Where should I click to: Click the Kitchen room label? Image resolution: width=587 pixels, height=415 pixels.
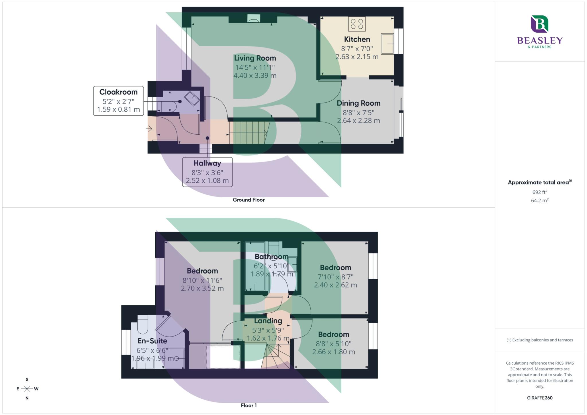(357, 39)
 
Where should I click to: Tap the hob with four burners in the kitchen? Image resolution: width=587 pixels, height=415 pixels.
(357, 24)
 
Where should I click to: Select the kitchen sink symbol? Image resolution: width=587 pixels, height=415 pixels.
(387, 44)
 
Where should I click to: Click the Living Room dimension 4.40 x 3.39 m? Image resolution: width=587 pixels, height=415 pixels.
(255, 76)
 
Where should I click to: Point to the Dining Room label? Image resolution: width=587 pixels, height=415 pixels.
(358, 103)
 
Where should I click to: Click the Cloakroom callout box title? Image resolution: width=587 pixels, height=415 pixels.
(118, 92)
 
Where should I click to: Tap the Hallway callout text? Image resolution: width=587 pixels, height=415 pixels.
(207, 163)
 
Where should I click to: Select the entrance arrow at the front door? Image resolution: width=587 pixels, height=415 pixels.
(149, 129)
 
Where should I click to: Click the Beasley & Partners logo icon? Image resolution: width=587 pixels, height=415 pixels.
(539, 24)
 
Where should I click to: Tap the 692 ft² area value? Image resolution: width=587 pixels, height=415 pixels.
(539, 192)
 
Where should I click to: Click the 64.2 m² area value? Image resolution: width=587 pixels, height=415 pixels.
(539, 200)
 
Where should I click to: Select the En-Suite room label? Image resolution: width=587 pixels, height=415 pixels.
(152, 341)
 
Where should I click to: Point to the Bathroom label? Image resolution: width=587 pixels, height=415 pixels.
(271, 257)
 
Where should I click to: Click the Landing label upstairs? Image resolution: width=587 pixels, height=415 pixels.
(268, 321)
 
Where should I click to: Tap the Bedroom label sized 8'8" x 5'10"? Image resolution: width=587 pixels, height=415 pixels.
(333, 335)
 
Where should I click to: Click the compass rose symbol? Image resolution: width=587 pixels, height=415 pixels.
(27, 389)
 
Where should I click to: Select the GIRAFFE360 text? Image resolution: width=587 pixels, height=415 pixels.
(539, 398)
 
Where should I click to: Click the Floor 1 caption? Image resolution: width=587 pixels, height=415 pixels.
(249, 405)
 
